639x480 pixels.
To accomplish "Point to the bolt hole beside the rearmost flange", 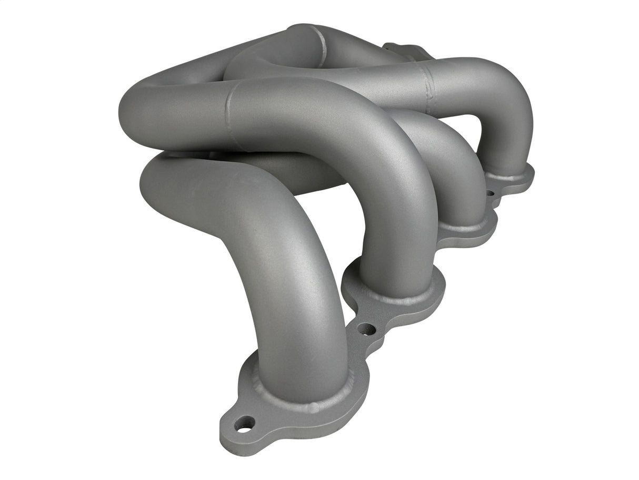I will [490, 193].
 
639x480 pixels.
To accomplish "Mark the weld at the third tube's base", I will [463, 227].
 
